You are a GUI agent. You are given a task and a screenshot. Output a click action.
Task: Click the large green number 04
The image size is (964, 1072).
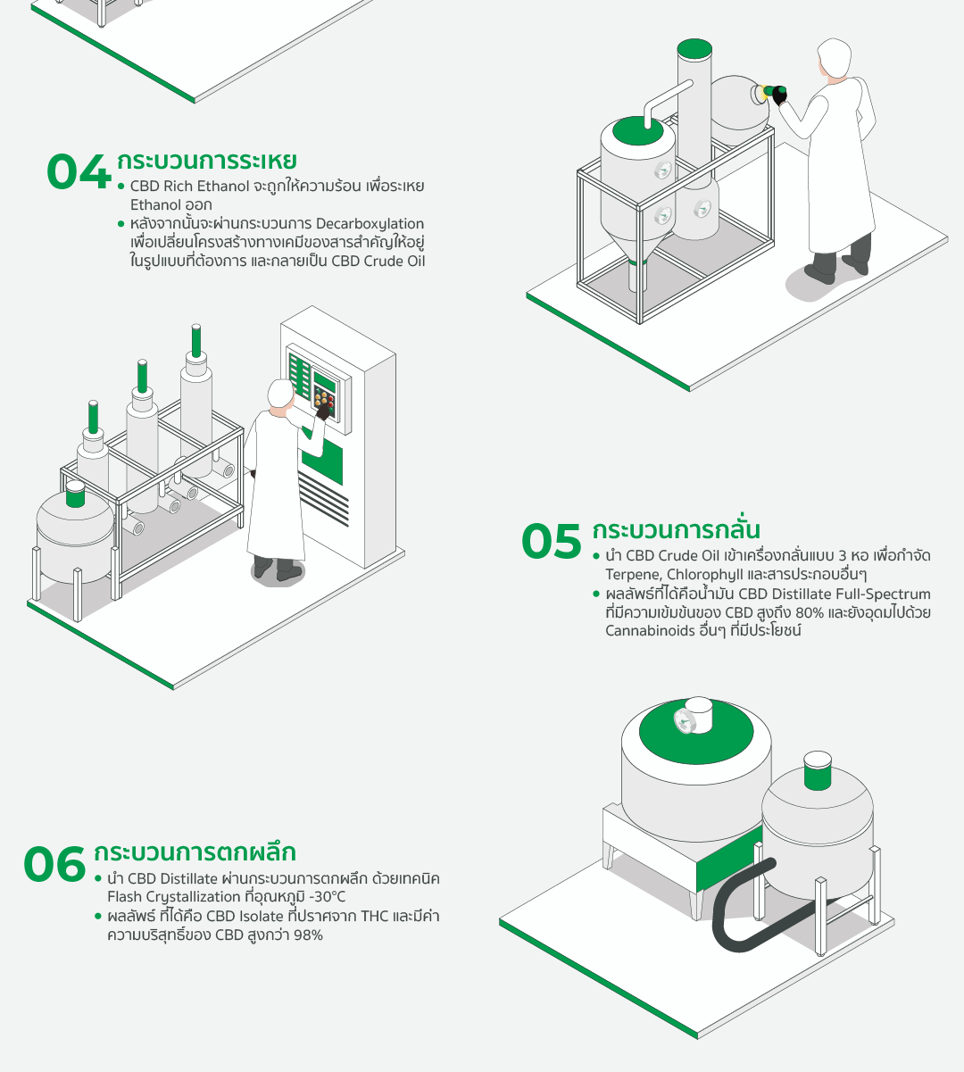pos(79,172)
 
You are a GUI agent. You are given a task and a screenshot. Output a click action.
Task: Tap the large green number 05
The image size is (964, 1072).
pos(552,541)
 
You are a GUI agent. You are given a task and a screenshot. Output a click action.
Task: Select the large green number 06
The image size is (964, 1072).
pos(54,864)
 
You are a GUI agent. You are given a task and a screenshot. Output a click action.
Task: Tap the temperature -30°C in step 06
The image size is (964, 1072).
pos(328,896)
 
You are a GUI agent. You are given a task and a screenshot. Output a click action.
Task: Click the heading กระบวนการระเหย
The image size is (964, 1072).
pos(206,161)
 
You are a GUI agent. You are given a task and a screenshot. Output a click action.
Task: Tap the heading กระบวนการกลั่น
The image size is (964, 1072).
pos(676,529)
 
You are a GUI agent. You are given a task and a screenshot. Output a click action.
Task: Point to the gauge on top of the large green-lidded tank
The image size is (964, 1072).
pos(684,720)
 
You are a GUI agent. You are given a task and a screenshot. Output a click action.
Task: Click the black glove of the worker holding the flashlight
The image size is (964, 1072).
pos(779,96)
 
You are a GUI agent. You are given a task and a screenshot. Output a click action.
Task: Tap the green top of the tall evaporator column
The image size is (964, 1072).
pos(694,48)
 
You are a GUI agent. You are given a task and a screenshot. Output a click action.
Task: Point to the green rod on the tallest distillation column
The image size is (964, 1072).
pos(196,340)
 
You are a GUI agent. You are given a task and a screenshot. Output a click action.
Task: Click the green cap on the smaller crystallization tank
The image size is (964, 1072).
pos(818,770)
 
